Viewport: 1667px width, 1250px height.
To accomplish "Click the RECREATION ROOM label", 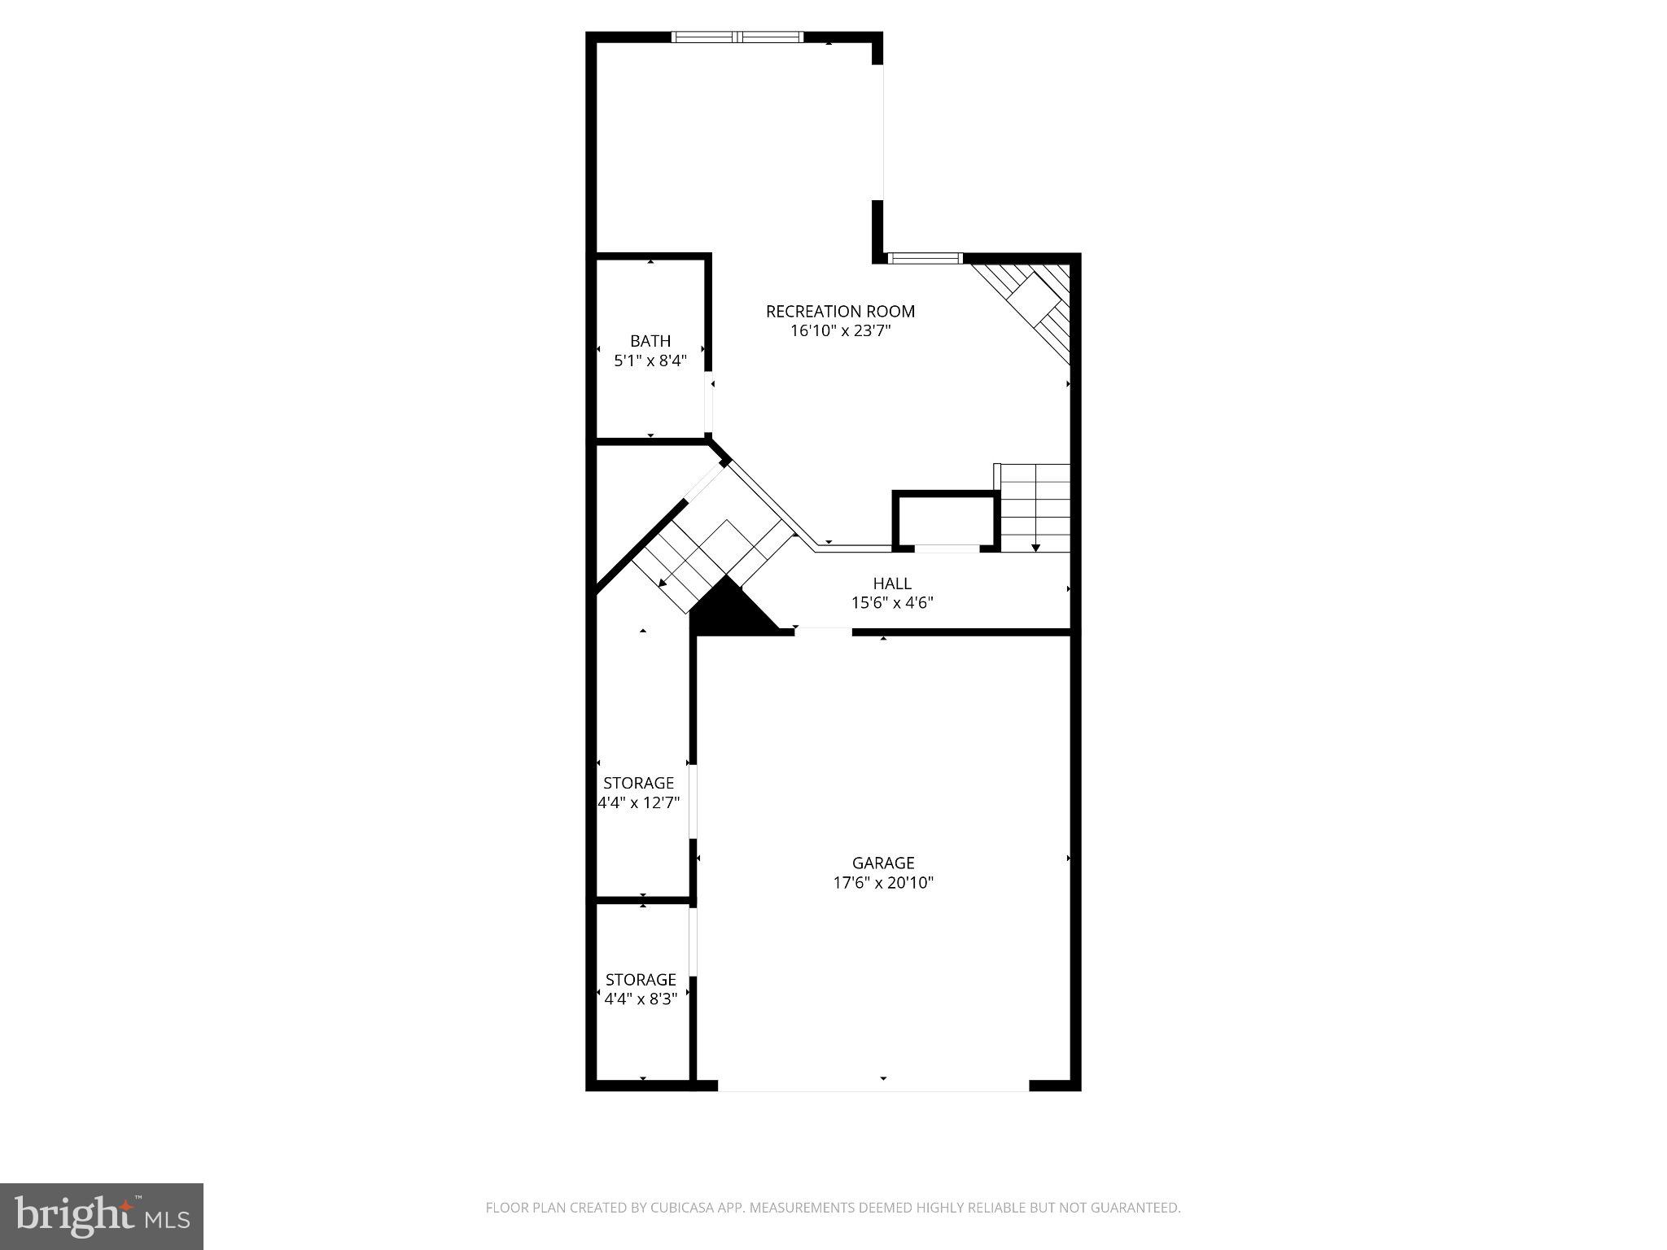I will pos(840,311).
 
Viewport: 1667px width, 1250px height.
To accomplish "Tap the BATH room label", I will pos(650,341).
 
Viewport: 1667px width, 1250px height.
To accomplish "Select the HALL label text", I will pos(892,583).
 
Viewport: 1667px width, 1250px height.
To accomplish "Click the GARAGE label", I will pos(883,863).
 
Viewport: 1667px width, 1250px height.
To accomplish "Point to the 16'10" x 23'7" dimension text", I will pos(841,331).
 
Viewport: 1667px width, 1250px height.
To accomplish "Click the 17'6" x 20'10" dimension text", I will pos(883,883).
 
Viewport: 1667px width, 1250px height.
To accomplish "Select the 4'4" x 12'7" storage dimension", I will pos(639,802).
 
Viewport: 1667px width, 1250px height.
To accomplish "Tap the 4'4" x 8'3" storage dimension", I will pos(641,999).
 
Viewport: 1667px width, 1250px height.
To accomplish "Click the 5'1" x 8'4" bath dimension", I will pos(650,361).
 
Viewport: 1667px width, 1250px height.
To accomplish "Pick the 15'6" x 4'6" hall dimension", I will pos(892,603).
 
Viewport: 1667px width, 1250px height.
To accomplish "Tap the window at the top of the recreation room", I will pos(737,37).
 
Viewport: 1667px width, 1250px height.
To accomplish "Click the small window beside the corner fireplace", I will pos(924,259).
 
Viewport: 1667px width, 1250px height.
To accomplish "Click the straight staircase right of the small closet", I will pos(1035,507).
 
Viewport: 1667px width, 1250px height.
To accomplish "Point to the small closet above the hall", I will pos(945,520).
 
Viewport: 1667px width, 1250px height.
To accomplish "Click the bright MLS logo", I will pos(102,1216).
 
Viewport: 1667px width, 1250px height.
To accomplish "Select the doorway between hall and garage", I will pos(823,631).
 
